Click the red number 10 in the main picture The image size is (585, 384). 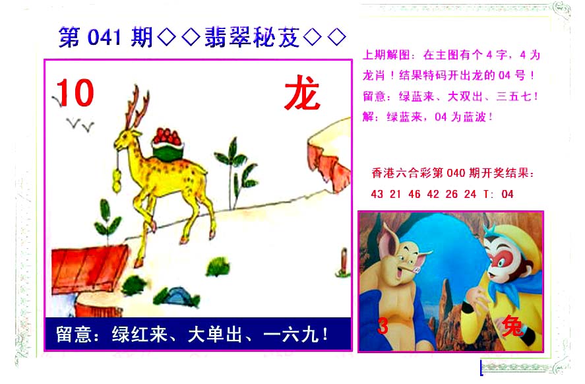tap(75, 92)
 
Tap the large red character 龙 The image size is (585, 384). tap(302, 93)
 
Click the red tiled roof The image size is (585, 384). tap(89, 269)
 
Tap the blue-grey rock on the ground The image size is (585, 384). tap(178, 296)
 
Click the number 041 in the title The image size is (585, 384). tap(104, 38)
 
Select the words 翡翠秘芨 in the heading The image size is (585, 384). tap(252, 37)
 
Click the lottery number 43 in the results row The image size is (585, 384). tap(377, 194)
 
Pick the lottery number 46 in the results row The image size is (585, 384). tap(414, 194)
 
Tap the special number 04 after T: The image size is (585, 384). tap(507, 194)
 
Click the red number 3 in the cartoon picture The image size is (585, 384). tap(383, 326)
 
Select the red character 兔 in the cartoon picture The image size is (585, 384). tap(512, 327)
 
